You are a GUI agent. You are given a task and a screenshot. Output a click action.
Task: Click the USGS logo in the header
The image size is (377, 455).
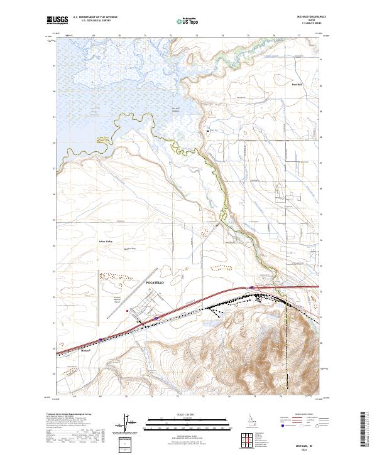57,21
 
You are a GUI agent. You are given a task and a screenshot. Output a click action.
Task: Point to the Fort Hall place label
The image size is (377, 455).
297,83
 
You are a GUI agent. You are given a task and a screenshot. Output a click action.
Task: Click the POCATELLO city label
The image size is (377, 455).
155,282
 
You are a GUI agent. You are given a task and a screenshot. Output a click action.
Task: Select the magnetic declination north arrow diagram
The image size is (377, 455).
126,424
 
